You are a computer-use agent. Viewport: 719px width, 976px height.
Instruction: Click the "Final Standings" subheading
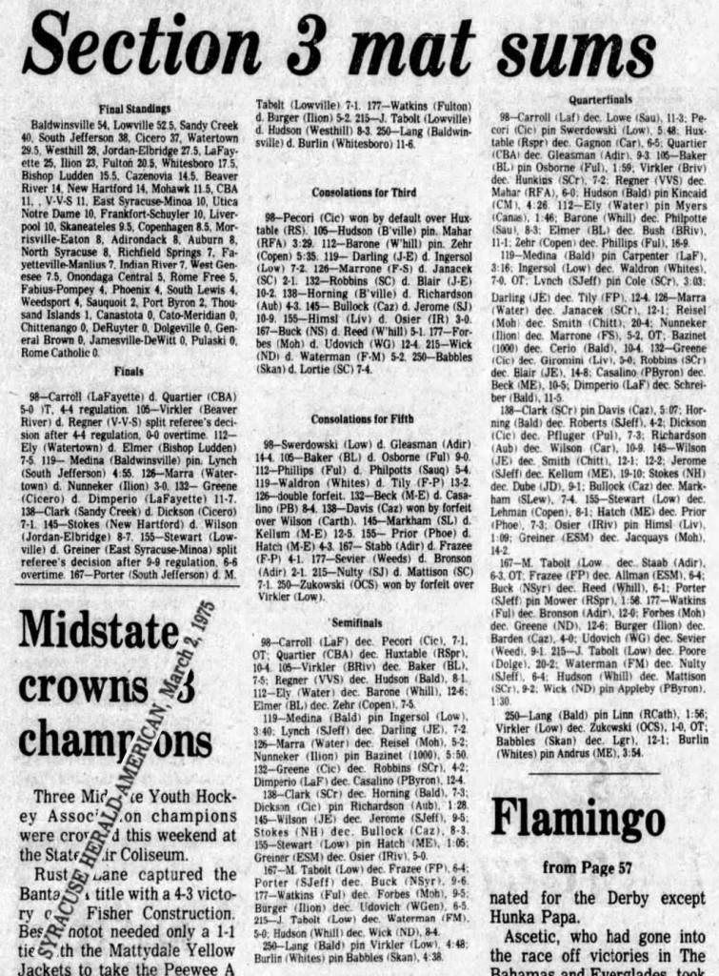click(x=135, y=110)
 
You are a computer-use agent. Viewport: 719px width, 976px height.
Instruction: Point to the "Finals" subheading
click(x=129, y=369)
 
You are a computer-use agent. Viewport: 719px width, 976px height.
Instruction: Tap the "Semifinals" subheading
click(x=358, y=622)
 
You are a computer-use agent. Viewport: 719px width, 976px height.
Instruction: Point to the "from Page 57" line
click(x=588, y=867)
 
